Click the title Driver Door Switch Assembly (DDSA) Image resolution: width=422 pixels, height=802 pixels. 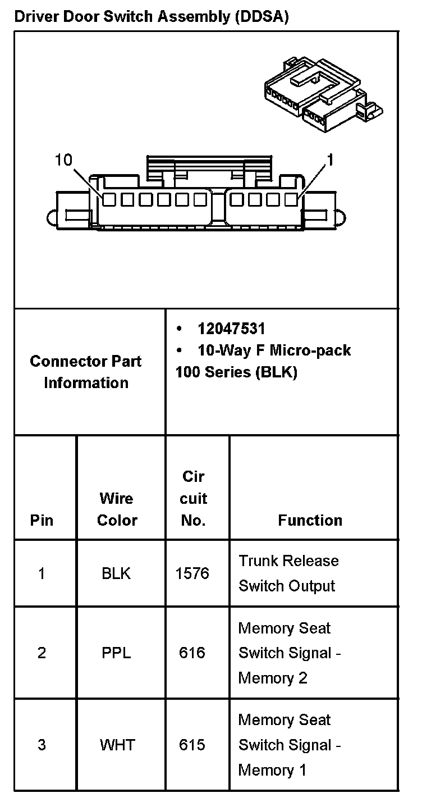coord(152,17)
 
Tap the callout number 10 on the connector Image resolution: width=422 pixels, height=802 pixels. coord(63,160)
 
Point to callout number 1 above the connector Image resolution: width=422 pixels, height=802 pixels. coord(331,161)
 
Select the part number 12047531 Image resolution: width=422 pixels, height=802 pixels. coord(231,329)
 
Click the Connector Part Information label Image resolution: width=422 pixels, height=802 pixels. coord(86,372)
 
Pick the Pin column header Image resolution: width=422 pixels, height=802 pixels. coord(42,520)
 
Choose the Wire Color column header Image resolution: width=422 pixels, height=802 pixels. coord(117,509)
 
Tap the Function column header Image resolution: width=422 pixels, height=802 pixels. coord(310,520)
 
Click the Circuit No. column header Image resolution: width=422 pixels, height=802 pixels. coord(194,498)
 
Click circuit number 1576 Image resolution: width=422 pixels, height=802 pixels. coord(192,573)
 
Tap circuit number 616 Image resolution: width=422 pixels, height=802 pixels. coord(192,653)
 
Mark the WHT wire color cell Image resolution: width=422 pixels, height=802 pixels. coord(117,745)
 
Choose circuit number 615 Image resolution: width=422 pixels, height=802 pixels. coord(192,745)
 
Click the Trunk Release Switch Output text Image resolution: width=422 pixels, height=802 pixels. coord(288,573)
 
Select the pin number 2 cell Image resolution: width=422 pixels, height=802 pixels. coord(42,653)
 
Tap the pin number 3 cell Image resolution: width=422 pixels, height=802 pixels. coord(42,745)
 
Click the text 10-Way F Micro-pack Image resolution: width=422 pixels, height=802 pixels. coord(274,350)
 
